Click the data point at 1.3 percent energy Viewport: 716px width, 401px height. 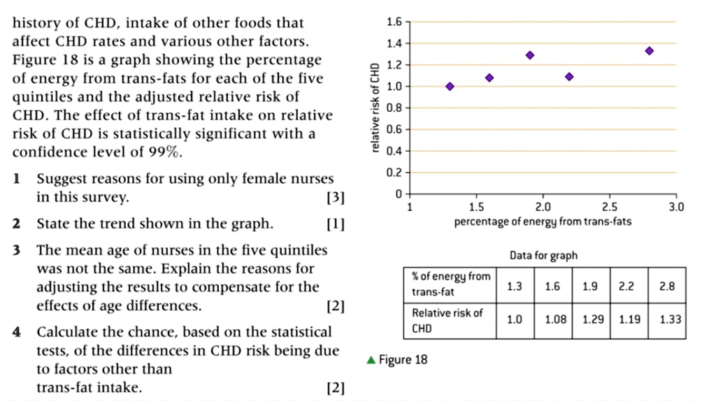(450, 86)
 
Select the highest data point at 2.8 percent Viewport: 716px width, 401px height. (650, 51)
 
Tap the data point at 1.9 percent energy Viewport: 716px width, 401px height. (530, 55)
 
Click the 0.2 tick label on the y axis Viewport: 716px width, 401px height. (394, 172)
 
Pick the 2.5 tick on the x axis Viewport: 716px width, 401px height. (609, 207)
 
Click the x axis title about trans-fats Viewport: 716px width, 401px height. (543, 222)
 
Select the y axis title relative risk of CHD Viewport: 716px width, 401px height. (375, 108)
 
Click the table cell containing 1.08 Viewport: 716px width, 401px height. (552, 320)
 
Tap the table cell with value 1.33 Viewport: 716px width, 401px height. (669, 320)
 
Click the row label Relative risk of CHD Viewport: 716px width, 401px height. (447, 320)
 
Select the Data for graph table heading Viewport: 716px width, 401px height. (543, 256)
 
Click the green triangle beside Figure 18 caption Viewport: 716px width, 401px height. (371, 360)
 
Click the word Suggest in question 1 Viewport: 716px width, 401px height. (63, 179)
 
